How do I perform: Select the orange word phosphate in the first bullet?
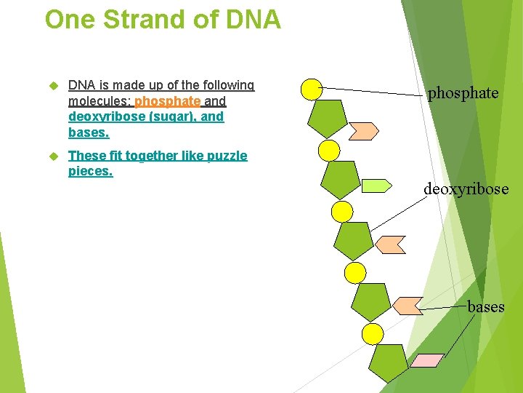tap(167, 101)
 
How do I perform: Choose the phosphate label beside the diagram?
tap(463, 93)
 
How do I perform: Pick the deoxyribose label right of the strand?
tap(466, 189)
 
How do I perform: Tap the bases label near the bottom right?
tap(485, 306)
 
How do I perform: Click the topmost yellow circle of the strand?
tap(312, 89)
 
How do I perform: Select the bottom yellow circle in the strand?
tap(373, 334)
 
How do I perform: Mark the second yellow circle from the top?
tap(330, 151)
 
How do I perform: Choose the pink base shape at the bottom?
tap(427, 360)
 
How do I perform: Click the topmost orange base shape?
tap(363, 130)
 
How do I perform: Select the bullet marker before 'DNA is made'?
tap(52, 86)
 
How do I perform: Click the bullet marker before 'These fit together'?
tap(52, 156)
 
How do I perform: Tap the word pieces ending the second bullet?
tap(90, 172)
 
